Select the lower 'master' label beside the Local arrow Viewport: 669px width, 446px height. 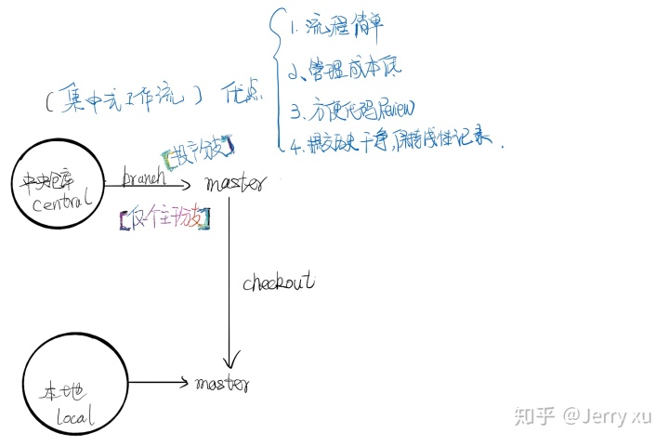pos(221,382)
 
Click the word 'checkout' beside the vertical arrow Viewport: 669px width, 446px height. pos(279,281)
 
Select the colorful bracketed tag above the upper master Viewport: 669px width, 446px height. pos(197,148)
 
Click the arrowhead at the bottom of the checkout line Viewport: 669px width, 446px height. pos(230,361)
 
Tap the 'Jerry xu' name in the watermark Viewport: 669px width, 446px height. pos(618,415)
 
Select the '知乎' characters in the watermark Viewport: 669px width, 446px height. pos(534,415)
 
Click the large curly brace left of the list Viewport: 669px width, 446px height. pos(275,79)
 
